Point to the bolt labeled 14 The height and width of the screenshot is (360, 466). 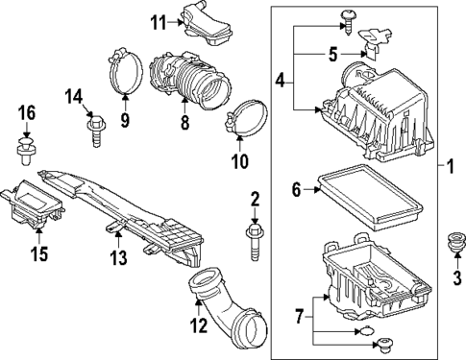97,125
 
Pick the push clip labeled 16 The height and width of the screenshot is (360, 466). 26,146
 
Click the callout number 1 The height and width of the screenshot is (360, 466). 449,169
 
